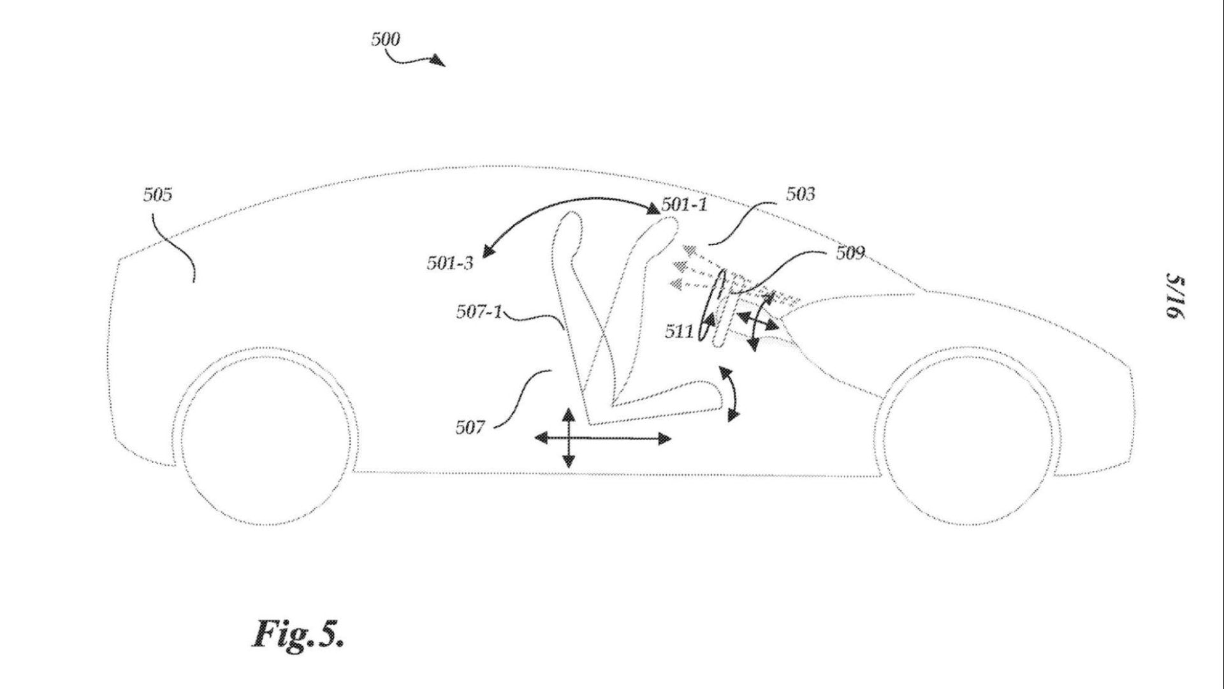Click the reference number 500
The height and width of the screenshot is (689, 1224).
tap(386, 40)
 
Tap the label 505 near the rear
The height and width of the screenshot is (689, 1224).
tap(157, 195)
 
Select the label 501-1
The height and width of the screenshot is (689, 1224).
tap(685, 205)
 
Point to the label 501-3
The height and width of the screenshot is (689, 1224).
tap(450, 263)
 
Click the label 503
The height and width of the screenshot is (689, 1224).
tap(800, 194)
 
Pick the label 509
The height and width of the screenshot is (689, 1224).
tap(850, 253)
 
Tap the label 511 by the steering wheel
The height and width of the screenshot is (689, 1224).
tap(678, 331)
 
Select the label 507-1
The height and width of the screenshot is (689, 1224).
tap(478, 312)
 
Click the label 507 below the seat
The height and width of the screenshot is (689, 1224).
tap(470, 427)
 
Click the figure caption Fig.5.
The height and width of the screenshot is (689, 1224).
tap(298, 633)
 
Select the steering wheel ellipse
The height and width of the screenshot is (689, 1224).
tap(712, 307)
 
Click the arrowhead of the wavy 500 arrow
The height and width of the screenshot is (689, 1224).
tap(439, 61)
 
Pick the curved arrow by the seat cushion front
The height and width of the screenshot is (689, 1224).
tap(731, 393)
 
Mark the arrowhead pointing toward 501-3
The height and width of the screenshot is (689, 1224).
tap(486, 252)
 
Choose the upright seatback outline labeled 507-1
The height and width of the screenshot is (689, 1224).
tap(571, 300)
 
